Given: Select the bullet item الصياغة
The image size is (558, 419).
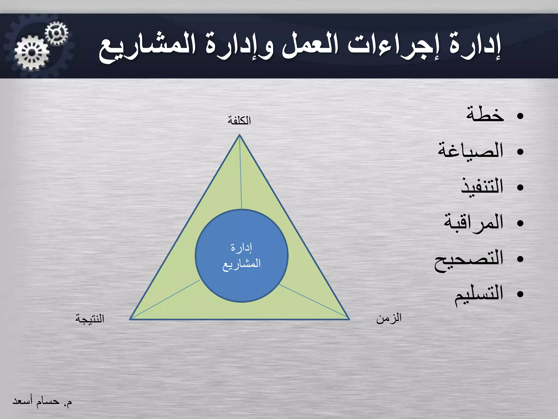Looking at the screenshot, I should pos(471,151).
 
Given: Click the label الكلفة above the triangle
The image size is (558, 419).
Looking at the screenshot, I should pos(239,120).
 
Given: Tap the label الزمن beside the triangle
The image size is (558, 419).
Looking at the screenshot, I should pos(389,318).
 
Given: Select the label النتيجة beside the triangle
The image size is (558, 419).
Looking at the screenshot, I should pos(90,319).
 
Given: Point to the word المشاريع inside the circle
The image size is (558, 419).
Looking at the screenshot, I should pos(242,264).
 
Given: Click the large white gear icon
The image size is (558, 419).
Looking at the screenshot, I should pos(32,52).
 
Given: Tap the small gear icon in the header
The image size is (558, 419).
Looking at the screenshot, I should pos(56,33).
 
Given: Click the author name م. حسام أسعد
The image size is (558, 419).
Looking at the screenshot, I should pos(42,401).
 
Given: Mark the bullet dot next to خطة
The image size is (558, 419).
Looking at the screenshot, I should pos(520,116).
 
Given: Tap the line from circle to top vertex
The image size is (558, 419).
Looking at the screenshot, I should pos(241,175).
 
